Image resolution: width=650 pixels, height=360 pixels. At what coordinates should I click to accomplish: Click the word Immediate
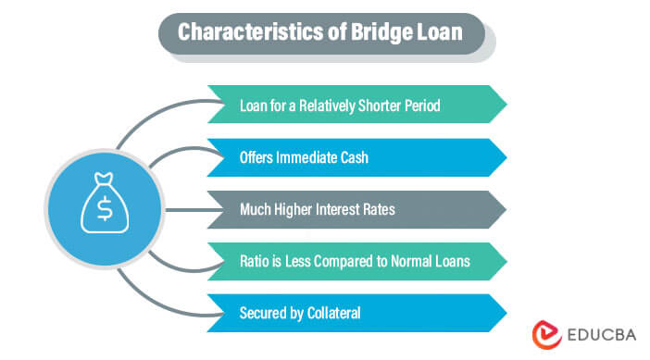[314, 157]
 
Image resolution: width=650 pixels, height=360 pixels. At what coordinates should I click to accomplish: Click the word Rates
[379, 209]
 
